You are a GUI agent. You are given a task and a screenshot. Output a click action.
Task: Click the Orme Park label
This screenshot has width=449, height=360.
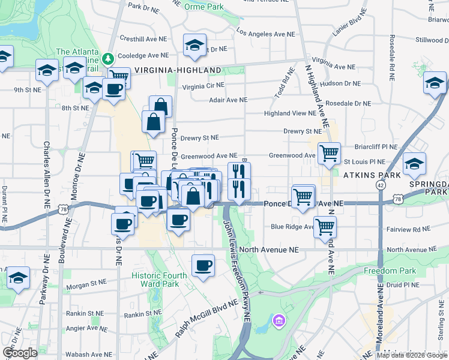click(x=204, y=7)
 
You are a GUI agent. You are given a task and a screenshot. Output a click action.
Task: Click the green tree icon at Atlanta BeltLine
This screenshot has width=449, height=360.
click(x=108, y=59)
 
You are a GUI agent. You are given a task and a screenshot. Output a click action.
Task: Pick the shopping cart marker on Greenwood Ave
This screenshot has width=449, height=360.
click(x=329, y=154)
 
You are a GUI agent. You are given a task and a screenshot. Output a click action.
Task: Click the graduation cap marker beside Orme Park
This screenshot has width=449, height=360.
click(x=194, y=45)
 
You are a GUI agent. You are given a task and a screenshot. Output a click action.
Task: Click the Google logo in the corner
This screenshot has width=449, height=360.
click(x=20, y=353)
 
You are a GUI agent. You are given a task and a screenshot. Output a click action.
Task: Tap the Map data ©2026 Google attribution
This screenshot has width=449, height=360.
click(x=412, y=355)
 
